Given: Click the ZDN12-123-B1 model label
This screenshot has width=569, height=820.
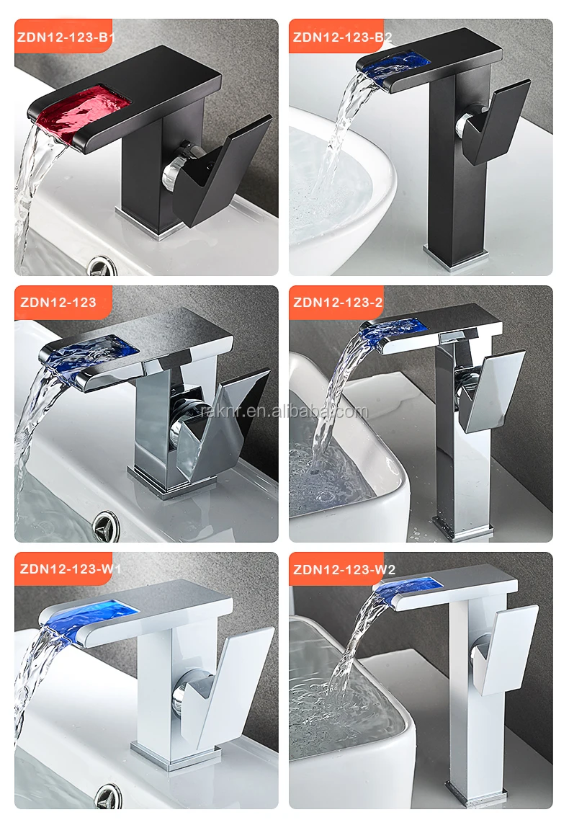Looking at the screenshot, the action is [66, 37].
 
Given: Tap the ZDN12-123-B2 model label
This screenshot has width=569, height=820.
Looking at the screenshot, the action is [342, 37].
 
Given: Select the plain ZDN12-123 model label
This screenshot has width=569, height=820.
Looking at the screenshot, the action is [58, 302].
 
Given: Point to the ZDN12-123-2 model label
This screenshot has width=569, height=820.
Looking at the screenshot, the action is [338, 302].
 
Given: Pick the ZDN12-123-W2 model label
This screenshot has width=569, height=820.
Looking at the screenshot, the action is [344, 569].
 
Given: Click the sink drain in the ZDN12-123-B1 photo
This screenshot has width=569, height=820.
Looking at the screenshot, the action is [99, 266].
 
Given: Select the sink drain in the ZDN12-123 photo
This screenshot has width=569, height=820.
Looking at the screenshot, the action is [106, 525].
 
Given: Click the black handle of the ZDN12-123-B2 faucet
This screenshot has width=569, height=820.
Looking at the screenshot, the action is [495, 123].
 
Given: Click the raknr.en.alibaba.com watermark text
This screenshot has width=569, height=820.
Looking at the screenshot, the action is [284, 411].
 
